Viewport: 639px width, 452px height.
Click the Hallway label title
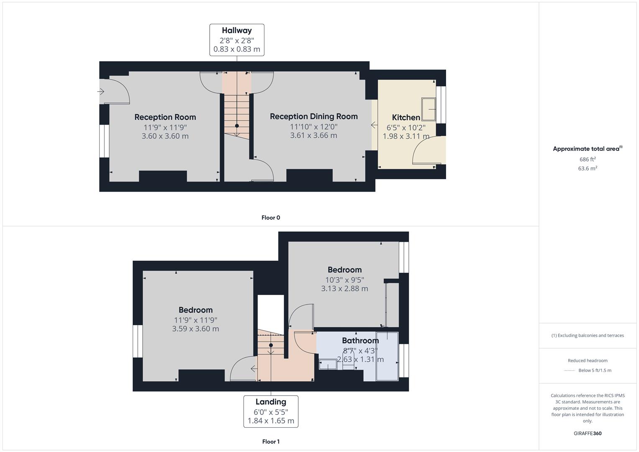point(237,31)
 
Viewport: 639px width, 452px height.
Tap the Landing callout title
point(271,402)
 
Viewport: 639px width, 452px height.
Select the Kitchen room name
point(406,118)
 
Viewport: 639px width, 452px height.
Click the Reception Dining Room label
point(314,116)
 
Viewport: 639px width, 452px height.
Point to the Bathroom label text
point(360,340)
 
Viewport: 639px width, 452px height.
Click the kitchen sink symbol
point(429,109)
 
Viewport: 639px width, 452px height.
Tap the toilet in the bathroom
point(348,360)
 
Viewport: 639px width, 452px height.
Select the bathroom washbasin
point(328,365)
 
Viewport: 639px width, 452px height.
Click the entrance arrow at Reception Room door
point(101,92)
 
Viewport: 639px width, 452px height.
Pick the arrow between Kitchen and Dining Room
point(374,125)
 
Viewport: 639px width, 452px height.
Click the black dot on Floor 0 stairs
point(237,126)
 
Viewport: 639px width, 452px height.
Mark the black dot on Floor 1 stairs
point(271,345)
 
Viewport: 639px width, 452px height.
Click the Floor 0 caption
point(271,218)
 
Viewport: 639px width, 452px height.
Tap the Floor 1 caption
point(271,442)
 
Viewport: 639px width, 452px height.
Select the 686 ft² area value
point(588,159)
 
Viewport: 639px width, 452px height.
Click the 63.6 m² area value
point(588,168)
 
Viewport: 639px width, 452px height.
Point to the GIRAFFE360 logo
point(588,434)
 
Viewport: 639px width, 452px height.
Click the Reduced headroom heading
point(588,361)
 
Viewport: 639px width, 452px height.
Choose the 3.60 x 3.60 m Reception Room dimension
point(165,136)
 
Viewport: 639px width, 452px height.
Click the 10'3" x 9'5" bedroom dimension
point(344,280)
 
